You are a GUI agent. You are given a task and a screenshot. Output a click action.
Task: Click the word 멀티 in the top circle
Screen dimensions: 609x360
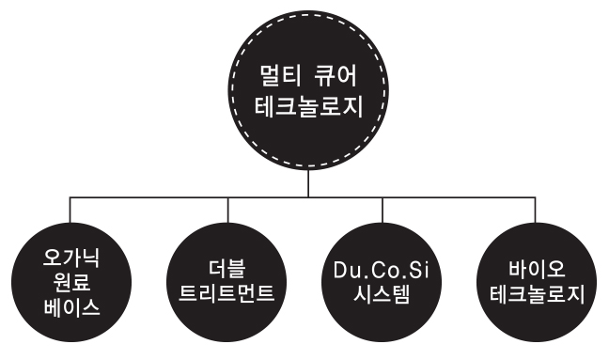coord(280,76)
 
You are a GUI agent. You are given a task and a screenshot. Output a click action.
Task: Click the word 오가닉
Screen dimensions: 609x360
coord(71,258)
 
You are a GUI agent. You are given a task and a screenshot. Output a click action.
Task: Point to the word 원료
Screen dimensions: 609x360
coord(71,282)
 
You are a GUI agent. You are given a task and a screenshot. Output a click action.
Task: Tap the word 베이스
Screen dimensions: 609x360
coord(71,306)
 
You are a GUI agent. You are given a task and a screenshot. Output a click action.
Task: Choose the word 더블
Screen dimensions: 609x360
coord(226,270)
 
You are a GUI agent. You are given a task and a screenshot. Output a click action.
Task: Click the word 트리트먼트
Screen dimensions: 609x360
coord(226,293)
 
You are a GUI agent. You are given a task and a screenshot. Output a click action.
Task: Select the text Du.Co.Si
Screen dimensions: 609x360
coord(381,270)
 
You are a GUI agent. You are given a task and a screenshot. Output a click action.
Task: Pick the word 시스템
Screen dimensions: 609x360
coord(382,293)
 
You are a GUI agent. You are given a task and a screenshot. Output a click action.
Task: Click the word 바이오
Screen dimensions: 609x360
coord(537,270)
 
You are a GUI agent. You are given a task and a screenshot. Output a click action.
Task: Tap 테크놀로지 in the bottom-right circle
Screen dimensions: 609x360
coord(537,293)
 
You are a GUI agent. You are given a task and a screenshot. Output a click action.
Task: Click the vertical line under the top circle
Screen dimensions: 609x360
coord(308,183)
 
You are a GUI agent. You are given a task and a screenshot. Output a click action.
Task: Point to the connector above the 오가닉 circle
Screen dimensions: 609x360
coord(70,210)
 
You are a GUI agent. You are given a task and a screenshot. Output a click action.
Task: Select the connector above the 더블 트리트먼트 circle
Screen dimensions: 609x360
coord(228,210)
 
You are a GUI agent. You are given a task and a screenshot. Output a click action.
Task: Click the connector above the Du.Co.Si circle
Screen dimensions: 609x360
coord(383,210)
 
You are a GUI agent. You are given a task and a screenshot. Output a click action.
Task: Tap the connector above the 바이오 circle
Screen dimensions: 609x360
coord(536,210)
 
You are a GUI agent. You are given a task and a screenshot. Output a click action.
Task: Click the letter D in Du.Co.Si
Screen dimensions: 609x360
coord(340,270)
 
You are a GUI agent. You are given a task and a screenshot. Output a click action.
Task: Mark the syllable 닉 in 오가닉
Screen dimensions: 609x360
coord(91,258)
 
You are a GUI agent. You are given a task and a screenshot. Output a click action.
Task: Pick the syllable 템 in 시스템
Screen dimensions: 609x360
coord(400,293)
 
